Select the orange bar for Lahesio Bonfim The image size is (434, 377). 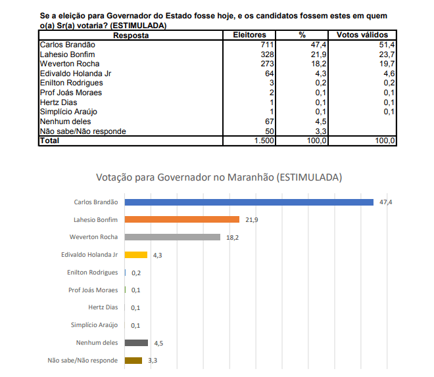(x=181, y=219)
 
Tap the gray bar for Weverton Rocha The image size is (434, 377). (x=172, y=237)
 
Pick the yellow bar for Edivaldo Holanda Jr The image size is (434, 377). (x=135, y=255)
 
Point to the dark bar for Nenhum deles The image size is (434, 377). (x=136, y=342)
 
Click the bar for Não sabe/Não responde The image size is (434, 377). (x=133, y=360)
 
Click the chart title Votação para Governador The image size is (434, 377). (x=218, y=177)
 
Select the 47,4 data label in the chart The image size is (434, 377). (x=385, y=202)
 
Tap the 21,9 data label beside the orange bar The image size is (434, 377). (x=252, y=219)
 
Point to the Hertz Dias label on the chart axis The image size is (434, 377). (x=103, y=307)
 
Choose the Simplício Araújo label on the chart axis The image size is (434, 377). (x=95, y=325)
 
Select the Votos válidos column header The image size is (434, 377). (x=362, y=35)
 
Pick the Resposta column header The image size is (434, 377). (x=131, y=35)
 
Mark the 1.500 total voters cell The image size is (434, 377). (x=264, y=141)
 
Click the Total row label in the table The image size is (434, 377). (x=50, y=141)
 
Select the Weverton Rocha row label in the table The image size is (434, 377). (x=70, y=64)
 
